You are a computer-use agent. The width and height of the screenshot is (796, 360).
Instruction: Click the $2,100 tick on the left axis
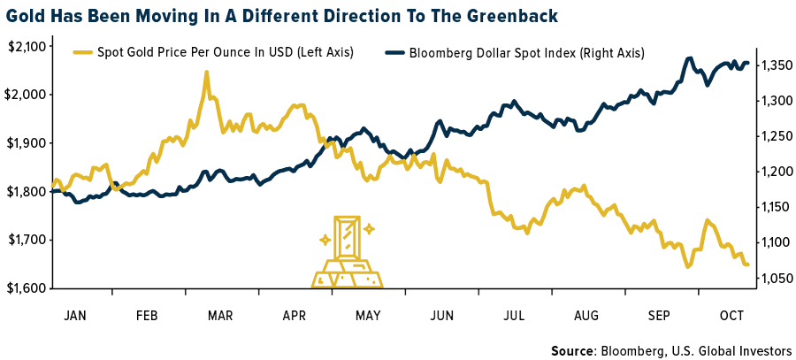(27, 46)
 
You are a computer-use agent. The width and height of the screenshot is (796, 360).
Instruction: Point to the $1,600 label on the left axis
(27, 288)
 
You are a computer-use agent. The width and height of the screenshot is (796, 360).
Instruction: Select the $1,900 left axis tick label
(27, 143)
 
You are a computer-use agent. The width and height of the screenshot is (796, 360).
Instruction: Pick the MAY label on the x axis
(369, 315)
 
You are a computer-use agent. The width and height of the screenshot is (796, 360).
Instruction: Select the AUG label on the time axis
(586, 315)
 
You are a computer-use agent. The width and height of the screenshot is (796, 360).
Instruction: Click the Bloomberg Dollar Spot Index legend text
(526, 53)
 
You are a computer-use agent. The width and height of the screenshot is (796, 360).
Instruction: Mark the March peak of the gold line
(206, 73)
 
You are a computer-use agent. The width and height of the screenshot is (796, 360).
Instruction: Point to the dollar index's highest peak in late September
(688, 58)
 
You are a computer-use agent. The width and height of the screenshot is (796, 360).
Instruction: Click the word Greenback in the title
(517, 17)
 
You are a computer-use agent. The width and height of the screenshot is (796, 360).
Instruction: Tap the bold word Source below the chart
(572, 350)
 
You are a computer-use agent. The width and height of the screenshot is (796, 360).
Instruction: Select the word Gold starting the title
(26, 17)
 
